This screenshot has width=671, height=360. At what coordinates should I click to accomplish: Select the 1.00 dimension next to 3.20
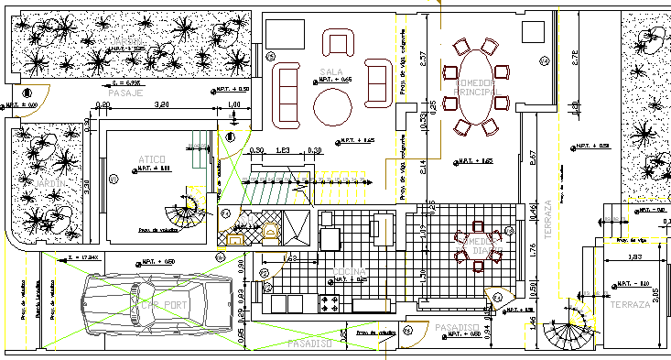pyautogui.click(x=234, y=105)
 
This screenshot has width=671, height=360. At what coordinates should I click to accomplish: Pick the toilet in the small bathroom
pyautogui.click(x=271, y=232)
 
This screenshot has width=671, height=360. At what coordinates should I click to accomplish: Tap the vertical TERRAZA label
pyautogui.click(x=549, y=221)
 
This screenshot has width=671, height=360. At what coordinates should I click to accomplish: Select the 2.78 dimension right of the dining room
pyautogui.click(x=575, y=56)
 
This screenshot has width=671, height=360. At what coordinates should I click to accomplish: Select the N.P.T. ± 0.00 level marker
pyautogui.click(x=19, y=105)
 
